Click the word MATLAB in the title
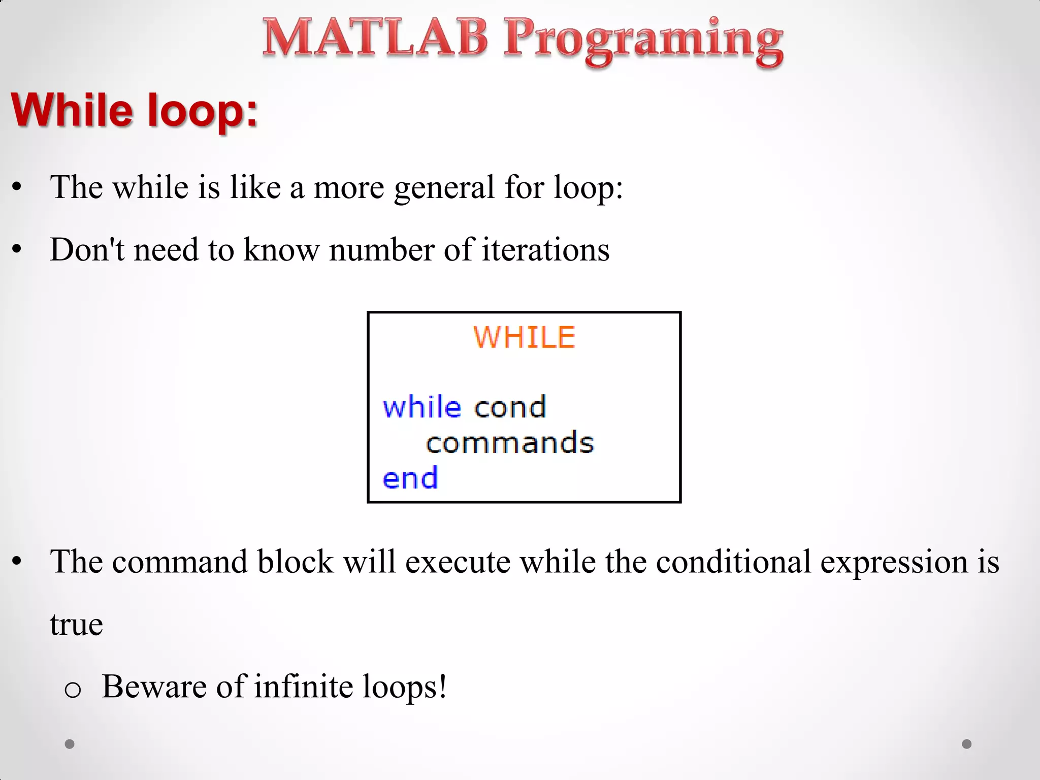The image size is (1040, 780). point(375,38)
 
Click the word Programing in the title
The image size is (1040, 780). point(643,41)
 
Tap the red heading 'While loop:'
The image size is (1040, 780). point(135,110)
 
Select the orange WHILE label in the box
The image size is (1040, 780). point(524,337)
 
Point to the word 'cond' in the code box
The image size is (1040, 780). point(510,407)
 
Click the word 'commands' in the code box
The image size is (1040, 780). point(509,443)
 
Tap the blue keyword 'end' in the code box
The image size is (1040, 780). point(410,478)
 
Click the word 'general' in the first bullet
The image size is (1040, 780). point(444,188)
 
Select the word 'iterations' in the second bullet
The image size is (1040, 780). point(545,250)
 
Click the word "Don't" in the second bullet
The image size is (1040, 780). point(86,250)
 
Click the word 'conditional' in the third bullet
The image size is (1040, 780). point(733,562)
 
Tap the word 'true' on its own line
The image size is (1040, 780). point(76,625)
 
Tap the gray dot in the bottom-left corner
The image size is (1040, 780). point(70,744)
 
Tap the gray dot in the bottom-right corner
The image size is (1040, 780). point(967,744)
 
